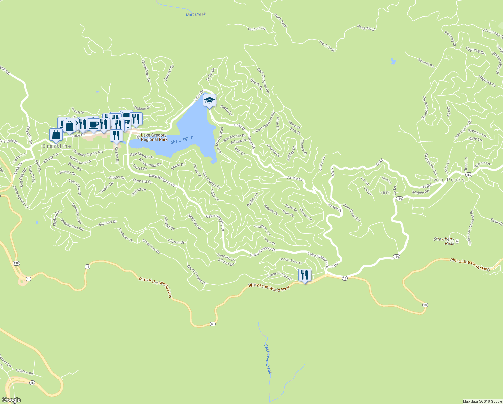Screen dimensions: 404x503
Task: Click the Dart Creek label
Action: [x=196, y=14]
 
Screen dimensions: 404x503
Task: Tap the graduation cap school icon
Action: [x=209, y=100]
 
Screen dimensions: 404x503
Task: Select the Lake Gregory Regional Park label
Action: [x=154, y=137]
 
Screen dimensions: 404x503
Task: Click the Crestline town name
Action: [x=57, y=146]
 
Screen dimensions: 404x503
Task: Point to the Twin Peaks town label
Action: [x=447, y=180]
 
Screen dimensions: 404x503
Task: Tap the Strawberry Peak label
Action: [x=444, y=241]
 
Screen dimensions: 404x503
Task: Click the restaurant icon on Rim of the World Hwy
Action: [x=305, y=275]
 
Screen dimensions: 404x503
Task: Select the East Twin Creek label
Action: [x=268, y=359]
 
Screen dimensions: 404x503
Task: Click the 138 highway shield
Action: [x=16, y=263]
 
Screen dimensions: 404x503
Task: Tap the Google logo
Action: [x=11, y=400]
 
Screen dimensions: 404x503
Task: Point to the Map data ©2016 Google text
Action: [x=482, y=401]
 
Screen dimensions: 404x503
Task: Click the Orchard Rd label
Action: [x=257, y=29]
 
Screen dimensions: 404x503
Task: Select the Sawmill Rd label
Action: [x=426, y=63]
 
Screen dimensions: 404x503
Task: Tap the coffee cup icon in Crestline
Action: [x=94, y=124]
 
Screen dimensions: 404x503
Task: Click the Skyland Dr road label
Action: [x=107, y=223]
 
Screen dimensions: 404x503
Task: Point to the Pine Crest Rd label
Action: [x=352, y=212]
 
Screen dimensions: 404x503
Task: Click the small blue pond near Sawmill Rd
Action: [x=393, y=61]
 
